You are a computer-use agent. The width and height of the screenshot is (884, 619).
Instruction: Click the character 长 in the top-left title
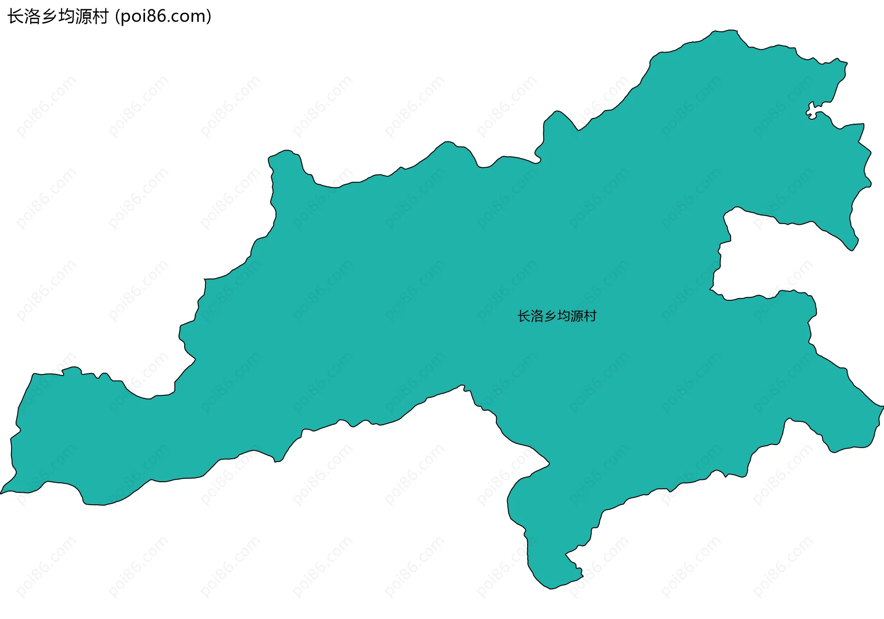click(16, 17)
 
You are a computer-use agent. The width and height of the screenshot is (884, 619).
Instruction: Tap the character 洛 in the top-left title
click(33, 17)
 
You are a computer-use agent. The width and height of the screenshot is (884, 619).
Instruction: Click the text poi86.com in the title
click(163, 17)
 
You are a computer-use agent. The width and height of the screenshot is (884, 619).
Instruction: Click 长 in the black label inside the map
click(524, 316)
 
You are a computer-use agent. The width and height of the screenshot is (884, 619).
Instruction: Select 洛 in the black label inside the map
click(537, 316)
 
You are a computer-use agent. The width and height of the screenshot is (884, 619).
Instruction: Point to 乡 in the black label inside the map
click(551, 316)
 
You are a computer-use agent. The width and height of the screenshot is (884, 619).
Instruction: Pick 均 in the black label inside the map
click(564, 316)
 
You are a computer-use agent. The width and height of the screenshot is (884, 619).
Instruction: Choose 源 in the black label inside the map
click(577, 316)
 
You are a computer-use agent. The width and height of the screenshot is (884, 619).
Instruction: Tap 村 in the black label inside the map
click(590, 316)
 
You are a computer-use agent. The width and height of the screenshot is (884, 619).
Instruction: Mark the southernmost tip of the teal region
click(550, 588)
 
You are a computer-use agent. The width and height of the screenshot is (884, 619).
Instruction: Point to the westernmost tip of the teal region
click(1, 493)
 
